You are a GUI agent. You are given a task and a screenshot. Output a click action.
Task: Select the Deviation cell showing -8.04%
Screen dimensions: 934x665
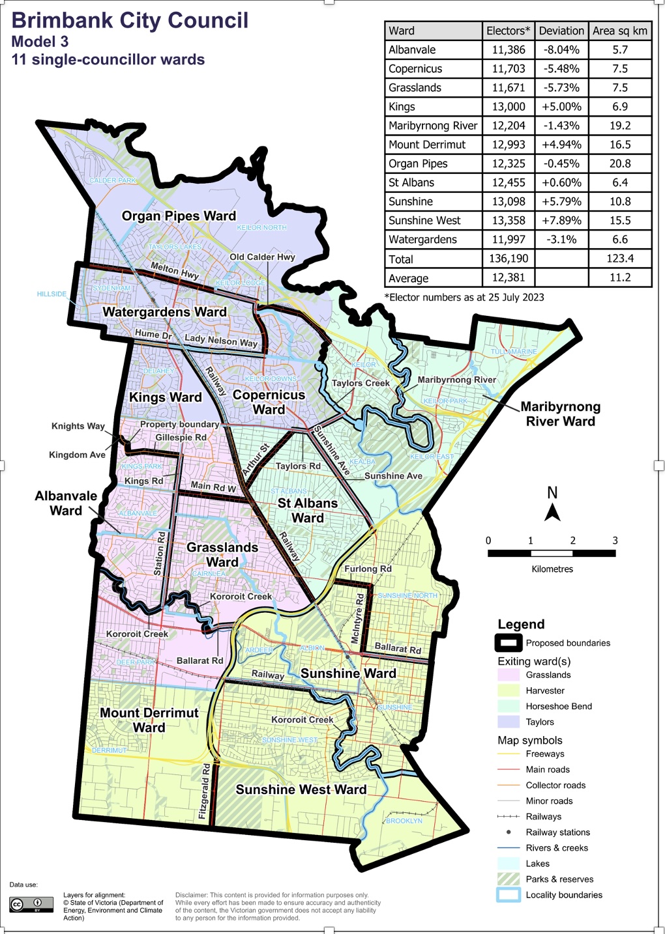point(561,50)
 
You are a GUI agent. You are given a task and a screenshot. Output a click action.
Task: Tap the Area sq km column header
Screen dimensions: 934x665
point(619,31)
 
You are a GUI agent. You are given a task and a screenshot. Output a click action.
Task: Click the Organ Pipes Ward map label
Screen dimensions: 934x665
point(179,216)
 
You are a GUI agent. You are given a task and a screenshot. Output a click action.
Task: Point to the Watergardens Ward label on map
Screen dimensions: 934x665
point(164,312)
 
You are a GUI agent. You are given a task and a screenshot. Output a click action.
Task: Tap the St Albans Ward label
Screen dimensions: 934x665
point(308,511)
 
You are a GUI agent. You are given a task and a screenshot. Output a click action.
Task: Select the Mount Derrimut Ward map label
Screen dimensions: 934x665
point(149,720)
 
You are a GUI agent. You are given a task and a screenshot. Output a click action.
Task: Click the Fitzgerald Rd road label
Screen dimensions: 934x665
point(204,791)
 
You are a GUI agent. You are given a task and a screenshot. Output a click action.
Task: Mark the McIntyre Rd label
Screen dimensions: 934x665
point(358,617)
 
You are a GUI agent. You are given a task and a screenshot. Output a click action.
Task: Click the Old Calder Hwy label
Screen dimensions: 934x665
point(262,257)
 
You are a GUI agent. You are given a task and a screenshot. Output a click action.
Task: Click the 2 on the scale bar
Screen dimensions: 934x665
point(572,541)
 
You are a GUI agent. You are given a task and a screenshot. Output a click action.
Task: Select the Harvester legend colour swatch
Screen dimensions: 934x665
point(508,690)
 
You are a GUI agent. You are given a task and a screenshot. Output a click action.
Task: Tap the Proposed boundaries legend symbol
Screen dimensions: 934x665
point(508,643)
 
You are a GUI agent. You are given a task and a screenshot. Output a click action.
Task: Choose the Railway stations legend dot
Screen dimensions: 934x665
point(509,832)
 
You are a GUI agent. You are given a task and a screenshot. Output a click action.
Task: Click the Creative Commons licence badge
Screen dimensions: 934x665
point(31,904)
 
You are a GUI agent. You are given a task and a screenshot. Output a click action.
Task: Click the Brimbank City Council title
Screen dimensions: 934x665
point(130,20)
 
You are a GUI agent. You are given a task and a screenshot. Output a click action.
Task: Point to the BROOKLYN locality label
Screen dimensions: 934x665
point(404,821)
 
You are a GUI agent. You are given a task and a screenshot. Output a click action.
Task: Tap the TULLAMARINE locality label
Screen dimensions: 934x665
point(514,352)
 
